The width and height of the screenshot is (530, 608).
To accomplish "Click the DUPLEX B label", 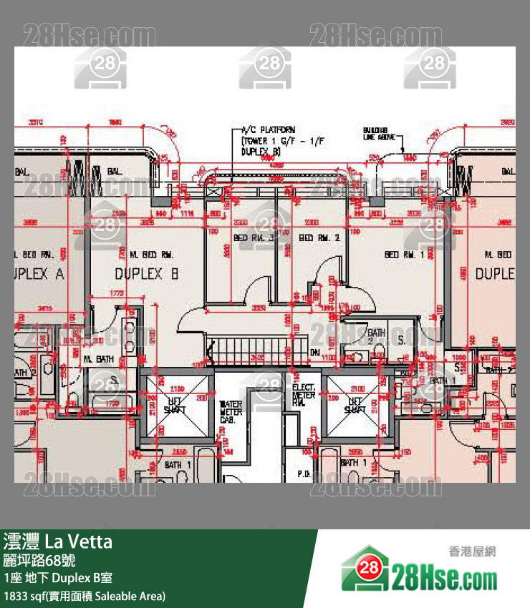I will point(146,274).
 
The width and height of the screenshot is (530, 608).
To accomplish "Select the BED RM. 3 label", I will point(254,237).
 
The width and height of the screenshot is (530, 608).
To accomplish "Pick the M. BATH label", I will point(98,359).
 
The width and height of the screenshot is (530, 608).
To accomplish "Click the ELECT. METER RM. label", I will point(304,395).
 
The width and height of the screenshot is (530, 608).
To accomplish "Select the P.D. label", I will point(304,474).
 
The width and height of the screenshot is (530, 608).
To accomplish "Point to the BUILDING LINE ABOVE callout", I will point(379,133).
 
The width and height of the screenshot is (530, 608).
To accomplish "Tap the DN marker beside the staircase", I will point(314,353).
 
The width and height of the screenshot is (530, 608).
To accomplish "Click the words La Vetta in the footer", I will point(79,541).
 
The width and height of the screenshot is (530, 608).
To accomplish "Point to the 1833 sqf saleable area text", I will point(85,595).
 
